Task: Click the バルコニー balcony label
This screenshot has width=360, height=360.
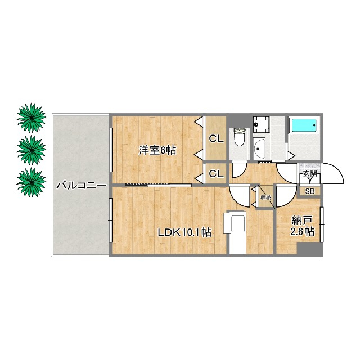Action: (x=82, y=186)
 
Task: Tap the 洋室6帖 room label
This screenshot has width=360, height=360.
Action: (x=157, y=150)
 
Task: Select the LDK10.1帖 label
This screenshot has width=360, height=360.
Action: (x=184, y=232)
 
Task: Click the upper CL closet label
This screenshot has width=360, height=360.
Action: (x=216, y=139)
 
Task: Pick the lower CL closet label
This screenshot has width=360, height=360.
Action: (x=216, y=174)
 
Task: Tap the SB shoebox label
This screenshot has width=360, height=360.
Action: (x=310, y=191)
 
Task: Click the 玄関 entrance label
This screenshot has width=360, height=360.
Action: (x=310, y=174)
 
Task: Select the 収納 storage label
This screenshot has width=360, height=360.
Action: (x=266, y=197)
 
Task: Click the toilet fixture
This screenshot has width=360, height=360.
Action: (x=240, y=137)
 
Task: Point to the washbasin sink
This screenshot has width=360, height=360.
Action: (x=259, y=148)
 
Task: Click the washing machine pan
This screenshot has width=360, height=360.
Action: (x=261, y=124)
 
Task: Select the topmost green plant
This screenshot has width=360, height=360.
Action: (x=31, y=118)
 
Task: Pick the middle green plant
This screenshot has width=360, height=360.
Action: (x=31, y=150)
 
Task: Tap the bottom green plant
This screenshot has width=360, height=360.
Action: (x=31, y=182)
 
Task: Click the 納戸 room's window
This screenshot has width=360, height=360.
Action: (x=322, y=224)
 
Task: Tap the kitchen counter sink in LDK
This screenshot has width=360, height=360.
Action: (x=238, y=223)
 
